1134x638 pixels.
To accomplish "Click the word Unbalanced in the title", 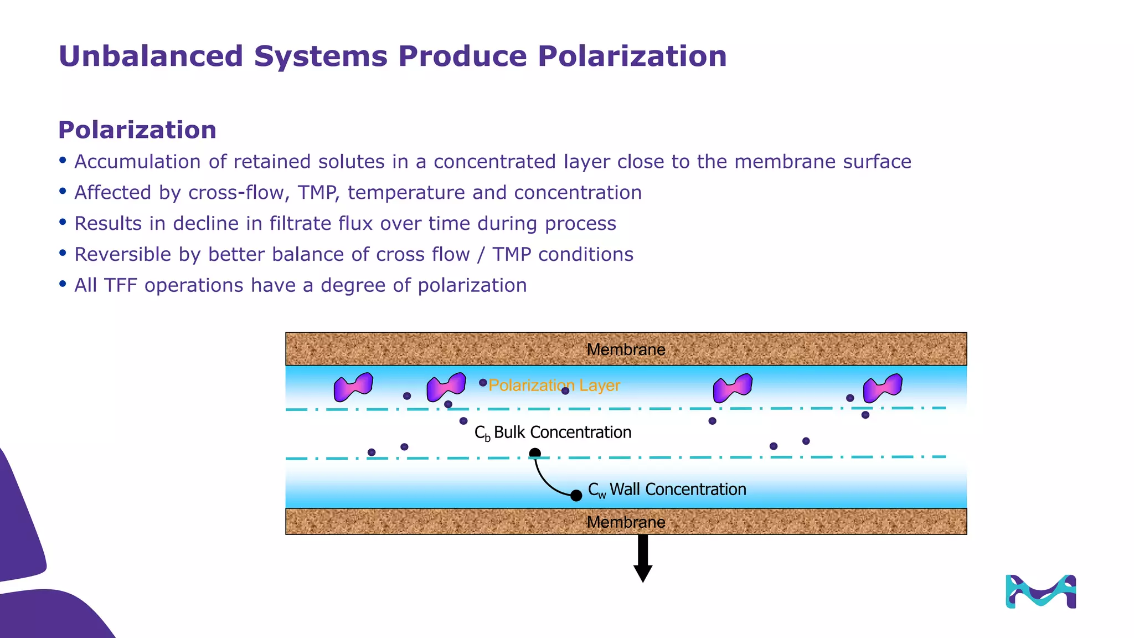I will pos(151,56).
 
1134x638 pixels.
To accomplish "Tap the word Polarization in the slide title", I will pos(632,56).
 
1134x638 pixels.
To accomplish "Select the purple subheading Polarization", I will pos(137,130).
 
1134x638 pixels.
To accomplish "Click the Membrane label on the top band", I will pos(626,349).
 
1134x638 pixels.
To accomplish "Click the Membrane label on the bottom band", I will pos(626,522).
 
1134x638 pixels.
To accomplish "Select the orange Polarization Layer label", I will pos(554,385).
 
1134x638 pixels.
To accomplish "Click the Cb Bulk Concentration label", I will pos(553,433).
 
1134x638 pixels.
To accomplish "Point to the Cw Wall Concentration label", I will pos(667,490).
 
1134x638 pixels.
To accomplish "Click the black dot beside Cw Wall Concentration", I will pos(576,496).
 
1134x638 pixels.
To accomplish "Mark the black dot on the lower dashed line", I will pos(535,454).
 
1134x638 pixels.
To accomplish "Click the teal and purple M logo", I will pos(1040,591).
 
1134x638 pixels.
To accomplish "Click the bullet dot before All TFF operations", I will pos(63,285).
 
